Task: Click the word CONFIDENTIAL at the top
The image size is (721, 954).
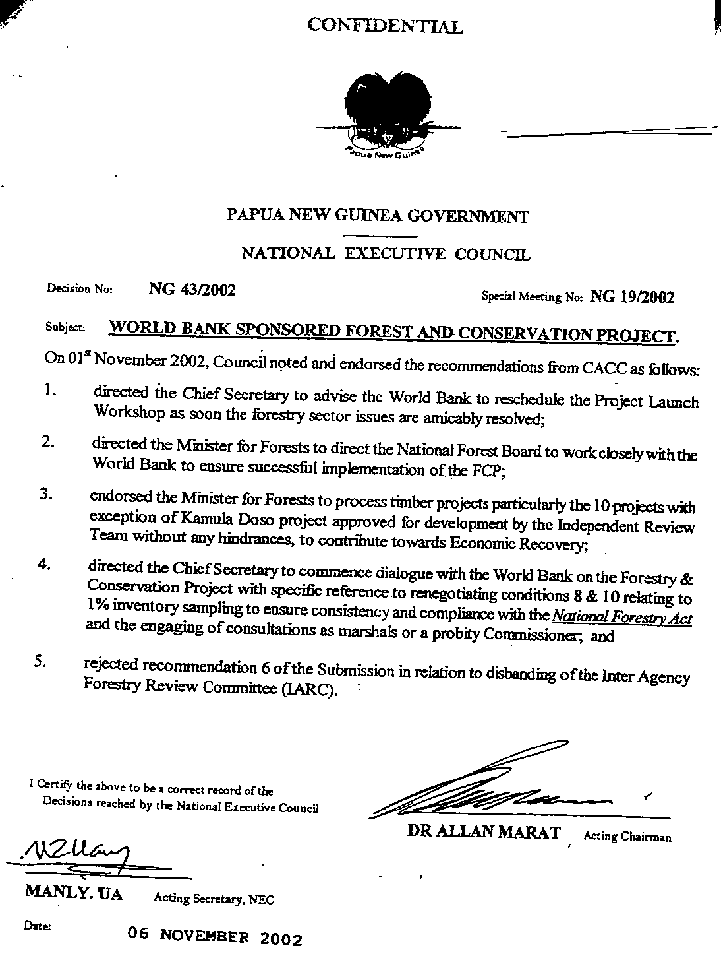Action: [x=386, y=26]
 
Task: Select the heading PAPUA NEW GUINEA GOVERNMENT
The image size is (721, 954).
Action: [x=377, y=216]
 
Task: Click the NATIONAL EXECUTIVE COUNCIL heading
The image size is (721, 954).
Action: [x=386, y=253]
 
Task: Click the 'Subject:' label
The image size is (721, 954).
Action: [x=64, y=327]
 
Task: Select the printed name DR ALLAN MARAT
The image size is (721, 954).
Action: [x=484, y=832]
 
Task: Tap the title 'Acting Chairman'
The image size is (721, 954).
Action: [x=627, y=837]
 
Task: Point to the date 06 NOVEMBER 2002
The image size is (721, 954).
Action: [x=216, y=936]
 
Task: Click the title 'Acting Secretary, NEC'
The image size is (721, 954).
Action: [x=214, y=899]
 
